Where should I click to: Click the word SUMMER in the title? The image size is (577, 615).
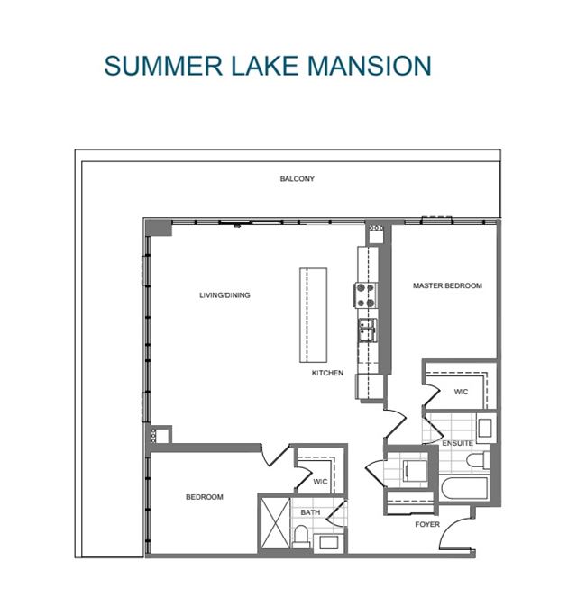coord(163,66)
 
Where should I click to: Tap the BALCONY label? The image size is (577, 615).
coord(297,179)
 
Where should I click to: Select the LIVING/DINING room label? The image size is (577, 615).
coord(224,295)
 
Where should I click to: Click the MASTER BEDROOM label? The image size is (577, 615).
coord(447,285)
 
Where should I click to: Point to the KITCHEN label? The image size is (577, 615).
coord(327,373)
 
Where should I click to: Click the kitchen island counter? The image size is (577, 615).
coord(313,315)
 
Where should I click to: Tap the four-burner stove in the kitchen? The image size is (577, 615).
coord(365,295)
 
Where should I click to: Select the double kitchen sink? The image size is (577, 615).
coord(367,330)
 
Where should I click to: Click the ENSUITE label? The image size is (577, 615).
coord(457,443)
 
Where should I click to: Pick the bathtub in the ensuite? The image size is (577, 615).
coord(464,488)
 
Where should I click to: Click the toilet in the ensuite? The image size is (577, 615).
coord(478,460)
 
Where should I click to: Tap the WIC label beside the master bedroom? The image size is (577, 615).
coord(461,392)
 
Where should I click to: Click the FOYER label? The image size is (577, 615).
coord(427,524)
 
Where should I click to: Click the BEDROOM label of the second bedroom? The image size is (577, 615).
coord(205,497)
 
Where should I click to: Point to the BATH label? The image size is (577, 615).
coord(310,512)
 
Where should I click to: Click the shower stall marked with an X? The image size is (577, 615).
coord(275,523)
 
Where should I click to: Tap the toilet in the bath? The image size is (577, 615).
coord(301,536)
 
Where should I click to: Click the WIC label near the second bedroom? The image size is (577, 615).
coord(320,482)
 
